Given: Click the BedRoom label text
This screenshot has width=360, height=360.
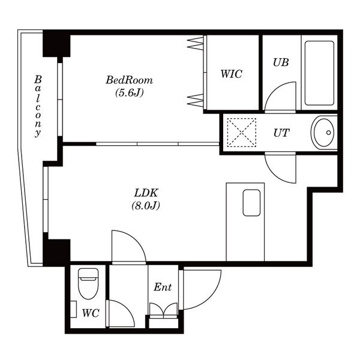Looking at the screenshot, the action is tap(129, 80).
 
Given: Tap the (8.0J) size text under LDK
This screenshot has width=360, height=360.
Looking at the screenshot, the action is tap(146, 205).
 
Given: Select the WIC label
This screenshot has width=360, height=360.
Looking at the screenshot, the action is tap(231, 74).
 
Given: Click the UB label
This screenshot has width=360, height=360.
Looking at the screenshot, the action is tap(281, 62).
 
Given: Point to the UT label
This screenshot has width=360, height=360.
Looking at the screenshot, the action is tap(281, 133).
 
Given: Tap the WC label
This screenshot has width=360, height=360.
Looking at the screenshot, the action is tap(91, 313).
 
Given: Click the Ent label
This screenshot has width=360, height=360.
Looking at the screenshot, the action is tap(163, 287).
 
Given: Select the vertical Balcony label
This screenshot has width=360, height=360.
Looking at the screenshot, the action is tap(38, 106).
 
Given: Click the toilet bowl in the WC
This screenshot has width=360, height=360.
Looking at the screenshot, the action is tap(88, 284).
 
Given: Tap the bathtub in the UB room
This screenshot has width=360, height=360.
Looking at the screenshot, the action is tap(319, 73).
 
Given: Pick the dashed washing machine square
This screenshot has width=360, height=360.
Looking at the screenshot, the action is tap(242, 133).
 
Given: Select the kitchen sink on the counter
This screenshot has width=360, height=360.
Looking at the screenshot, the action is tap(251, 203).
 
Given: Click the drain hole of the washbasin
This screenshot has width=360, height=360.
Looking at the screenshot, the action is tap(329, 133).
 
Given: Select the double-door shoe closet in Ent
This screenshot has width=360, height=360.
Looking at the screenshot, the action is tap(163, 310).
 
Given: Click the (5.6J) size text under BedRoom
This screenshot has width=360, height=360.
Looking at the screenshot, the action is tap(129, 93).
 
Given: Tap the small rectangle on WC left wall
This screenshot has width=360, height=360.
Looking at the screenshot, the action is tap(73, 309).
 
